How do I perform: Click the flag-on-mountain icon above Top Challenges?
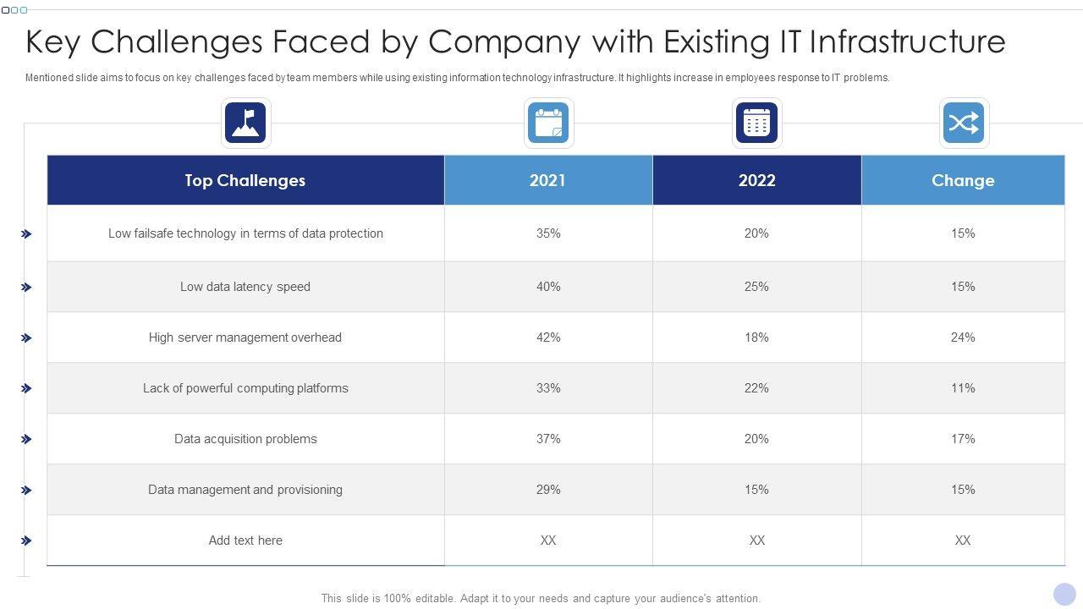click(245, 123)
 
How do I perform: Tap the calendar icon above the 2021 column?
click(548, 123)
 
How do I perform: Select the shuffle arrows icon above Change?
click(964, 123)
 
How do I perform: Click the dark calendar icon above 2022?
click(756, 123)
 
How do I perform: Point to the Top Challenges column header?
click(245, 180)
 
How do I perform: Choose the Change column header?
click(963, 180)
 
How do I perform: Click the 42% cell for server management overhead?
click(548, 337)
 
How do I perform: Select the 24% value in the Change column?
click(963, 337)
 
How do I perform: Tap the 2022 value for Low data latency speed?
click(756, 287)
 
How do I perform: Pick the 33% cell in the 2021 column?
click(548, 388)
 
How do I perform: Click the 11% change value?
click(963, 388)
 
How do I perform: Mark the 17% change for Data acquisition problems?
click(963, 439)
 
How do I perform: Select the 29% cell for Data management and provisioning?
click(548, 490)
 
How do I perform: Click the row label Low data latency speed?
click(245, 287)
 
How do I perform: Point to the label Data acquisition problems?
click(245, 439)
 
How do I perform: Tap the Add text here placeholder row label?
click(245, 540)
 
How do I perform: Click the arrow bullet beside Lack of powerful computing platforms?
click(27, 388)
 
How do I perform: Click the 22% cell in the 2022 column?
click(756, 388)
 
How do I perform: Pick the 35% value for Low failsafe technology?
click(548, 233)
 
